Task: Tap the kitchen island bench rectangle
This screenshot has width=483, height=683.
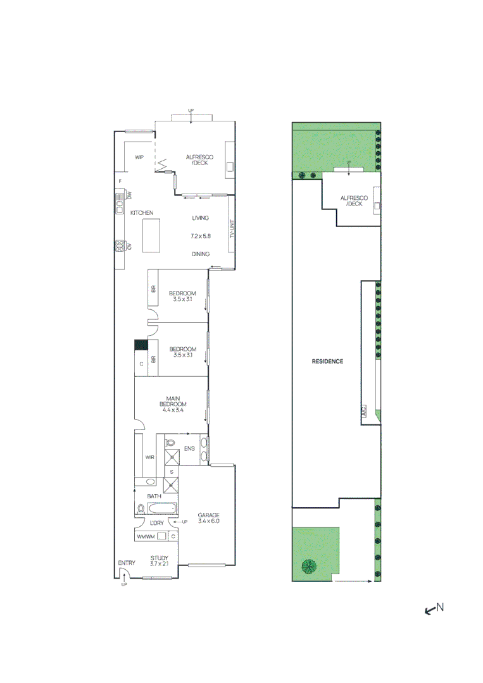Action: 153,232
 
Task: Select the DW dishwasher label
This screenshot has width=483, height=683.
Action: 129,196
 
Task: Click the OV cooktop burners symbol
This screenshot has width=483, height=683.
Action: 118,246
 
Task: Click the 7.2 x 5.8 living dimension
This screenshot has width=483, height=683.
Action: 200,236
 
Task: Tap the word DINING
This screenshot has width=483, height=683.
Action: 201,254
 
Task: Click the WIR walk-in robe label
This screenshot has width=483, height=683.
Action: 150,457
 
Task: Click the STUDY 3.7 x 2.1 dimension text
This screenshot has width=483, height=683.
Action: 159,563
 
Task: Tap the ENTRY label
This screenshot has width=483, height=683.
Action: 127,563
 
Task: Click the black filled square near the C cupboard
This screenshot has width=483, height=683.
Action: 141,345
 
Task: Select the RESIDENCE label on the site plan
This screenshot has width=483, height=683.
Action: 327,362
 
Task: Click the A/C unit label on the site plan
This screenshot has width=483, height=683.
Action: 364,411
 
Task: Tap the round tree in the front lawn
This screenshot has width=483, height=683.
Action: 309,567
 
